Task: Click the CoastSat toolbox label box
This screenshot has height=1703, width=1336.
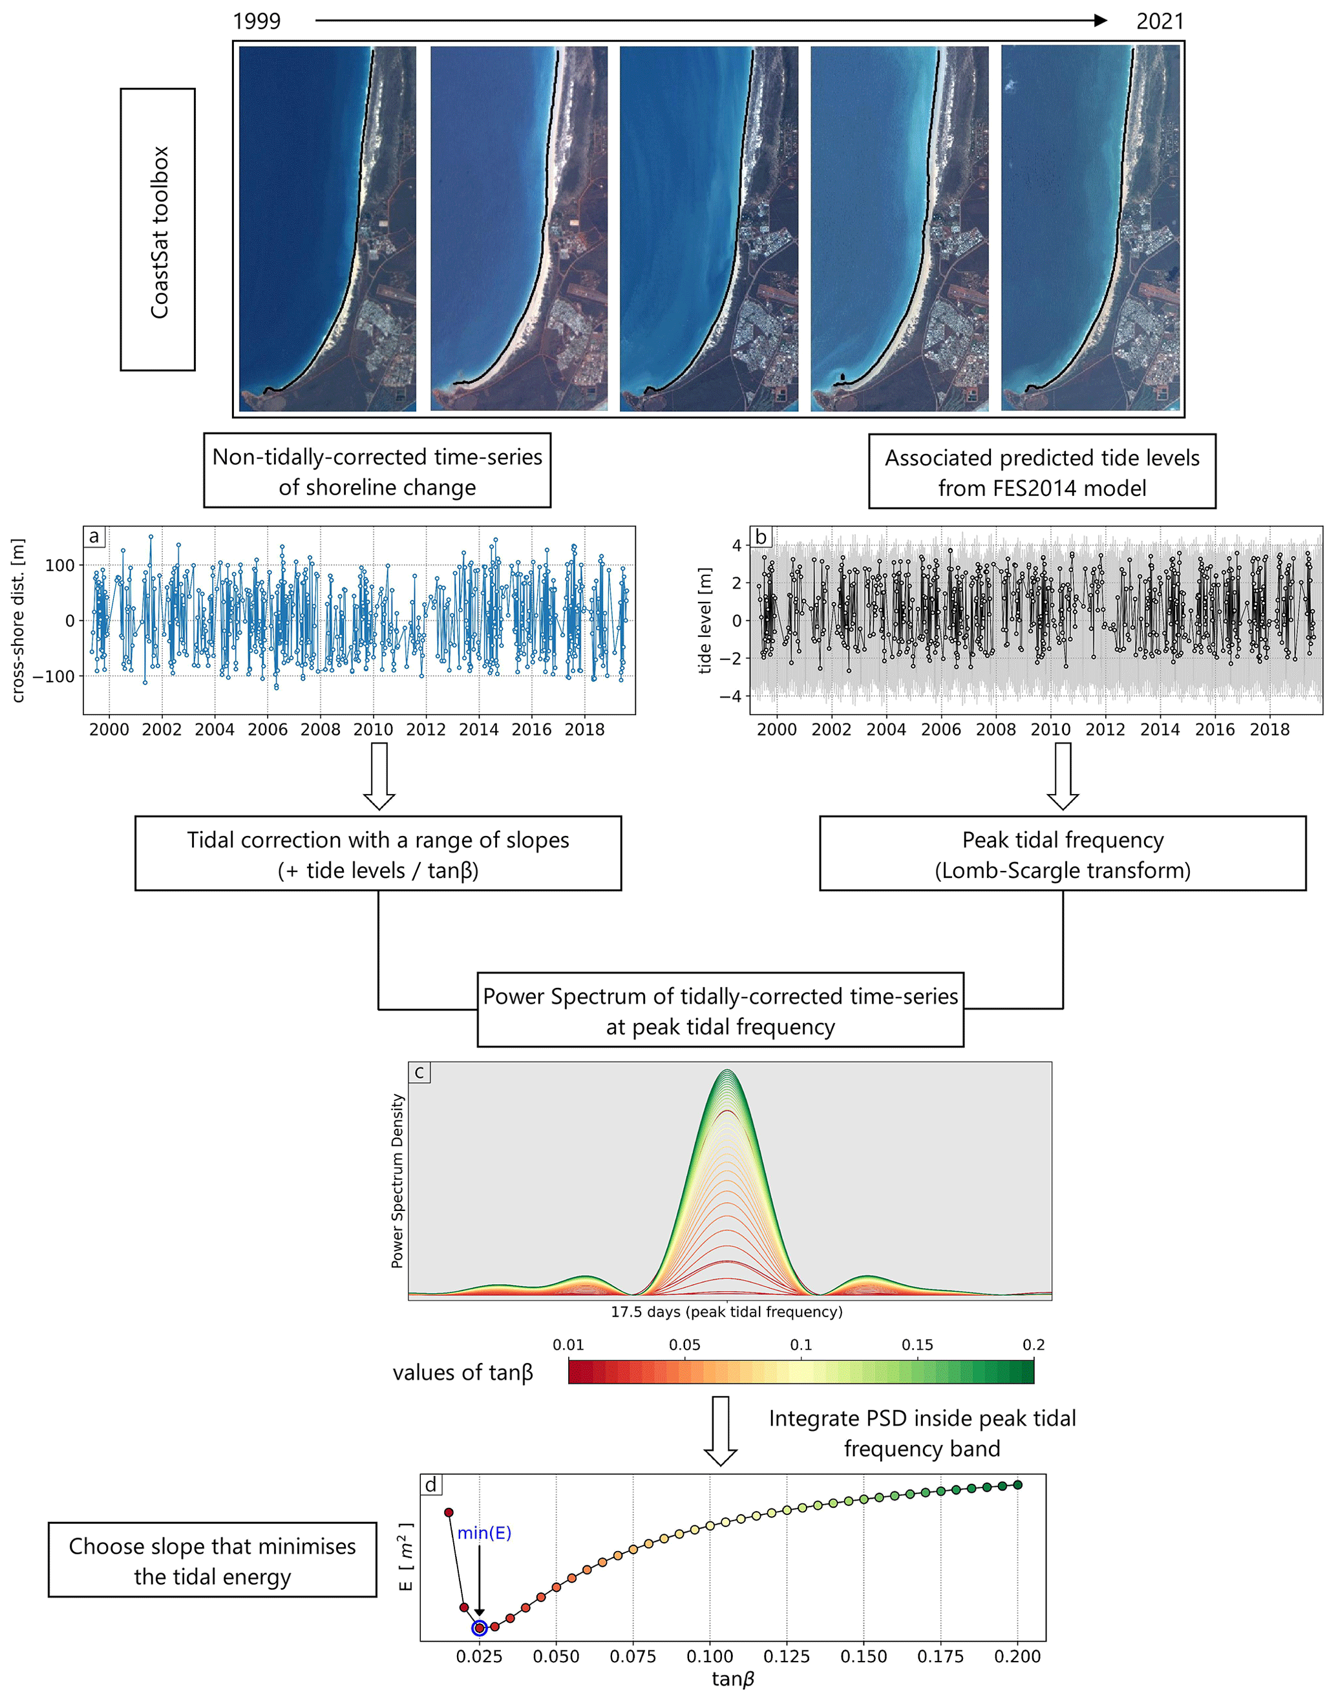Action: [x=157, y=230]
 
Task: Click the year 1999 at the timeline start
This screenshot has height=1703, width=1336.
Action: [x=257, y=21]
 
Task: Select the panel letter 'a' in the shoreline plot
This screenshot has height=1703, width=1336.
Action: [x=94, y=537]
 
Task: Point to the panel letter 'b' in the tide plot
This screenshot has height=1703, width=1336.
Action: [x=760, y=537]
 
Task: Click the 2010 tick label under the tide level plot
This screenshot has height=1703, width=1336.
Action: [x=1050, y=729]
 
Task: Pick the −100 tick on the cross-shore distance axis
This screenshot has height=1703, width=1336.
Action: [x=53, y=676]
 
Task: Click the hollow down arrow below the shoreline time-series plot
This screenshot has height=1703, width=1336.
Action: [x=379, y=775]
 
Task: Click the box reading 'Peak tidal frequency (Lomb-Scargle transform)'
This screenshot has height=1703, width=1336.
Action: [x=1062, y=853]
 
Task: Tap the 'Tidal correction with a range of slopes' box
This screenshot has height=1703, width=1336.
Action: [x=378, y=853]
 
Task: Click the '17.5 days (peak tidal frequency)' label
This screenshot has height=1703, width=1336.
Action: [x=726, y=1312]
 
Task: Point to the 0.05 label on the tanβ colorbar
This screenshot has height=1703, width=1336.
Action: [x=684, y=1345]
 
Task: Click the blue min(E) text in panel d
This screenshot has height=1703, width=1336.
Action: [x=484, y=1532]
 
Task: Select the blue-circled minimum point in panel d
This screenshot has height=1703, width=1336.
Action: [x=480, y=1628]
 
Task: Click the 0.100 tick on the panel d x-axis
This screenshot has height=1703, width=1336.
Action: [x=710, y=1656]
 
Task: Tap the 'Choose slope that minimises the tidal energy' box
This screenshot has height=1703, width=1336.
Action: [x=212, y=1561]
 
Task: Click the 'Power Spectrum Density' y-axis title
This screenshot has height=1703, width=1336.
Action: [x=398, y=1181]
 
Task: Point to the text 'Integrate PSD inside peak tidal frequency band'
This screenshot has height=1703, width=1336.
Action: [x=922, y=1433]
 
